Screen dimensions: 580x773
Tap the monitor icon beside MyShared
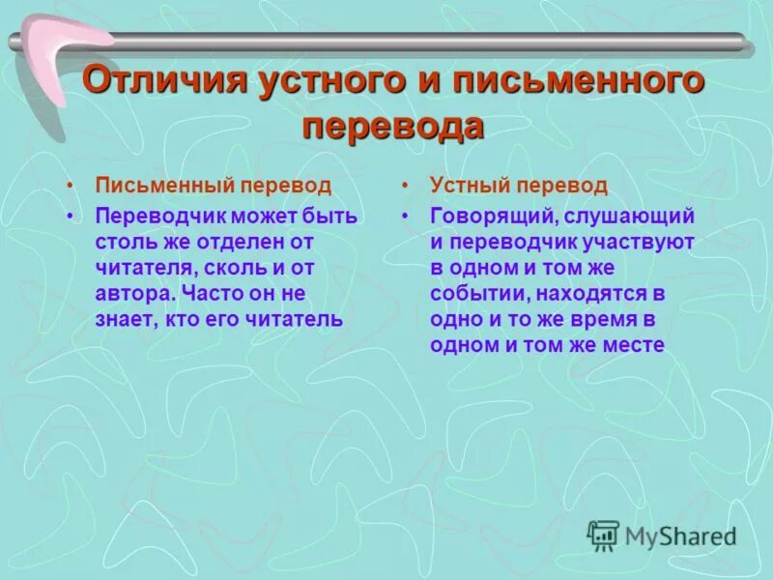603,534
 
